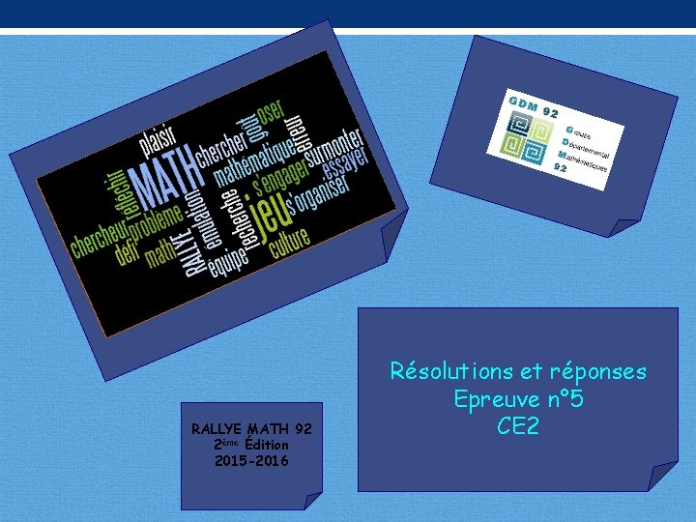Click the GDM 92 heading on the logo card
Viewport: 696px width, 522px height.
pyautogui.click(x=533, y=104)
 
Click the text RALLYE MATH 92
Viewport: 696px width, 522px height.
pyautogui.click(x=251, y=428)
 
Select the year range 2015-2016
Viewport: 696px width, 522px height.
pyautogui.click(x=251, y=461)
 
